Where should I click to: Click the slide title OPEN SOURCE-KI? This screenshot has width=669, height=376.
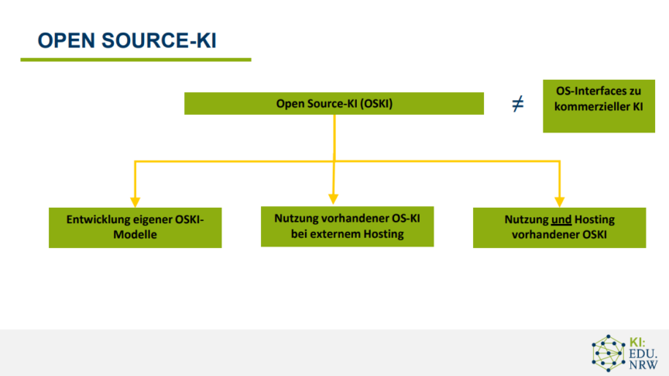click(127, 40)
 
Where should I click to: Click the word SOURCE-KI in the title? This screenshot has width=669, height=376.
click(160, 40)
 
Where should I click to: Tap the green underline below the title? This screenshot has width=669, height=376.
click(136, 60)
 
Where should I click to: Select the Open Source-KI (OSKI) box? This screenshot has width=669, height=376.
click(334, 103)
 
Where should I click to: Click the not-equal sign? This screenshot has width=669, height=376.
click(517, 103)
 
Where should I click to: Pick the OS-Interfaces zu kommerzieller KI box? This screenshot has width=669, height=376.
click(599, 106)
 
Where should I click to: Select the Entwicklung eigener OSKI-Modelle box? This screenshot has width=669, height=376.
click(136, 228)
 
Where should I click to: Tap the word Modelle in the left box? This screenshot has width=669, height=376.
click(135, 235)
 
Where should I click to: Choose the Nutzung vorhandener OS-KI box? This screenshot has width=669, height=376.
click(348, 226)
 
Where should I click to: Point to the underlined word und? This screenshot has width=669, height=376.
click(561, 219)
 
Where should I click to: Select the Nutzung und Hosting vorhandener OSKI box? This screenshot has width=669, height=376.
click(559, 228)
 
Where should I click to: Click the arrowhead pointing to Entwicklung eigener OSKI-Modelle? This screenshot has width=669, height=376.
click(136, 202)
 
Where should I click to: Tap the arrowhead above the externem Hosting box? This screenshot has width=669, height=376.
click(333, 199)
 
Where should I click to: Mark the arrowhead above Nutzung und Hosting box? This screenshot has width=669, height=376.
click(559, 202)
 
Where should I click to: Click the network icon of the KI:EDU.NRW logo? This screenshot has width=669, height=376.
click(609, 353)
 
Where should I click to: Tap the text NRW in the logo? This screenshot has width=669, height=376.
click(643, 365)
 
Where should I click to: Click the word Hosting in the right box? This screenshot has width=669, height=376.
click(595, 219)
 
